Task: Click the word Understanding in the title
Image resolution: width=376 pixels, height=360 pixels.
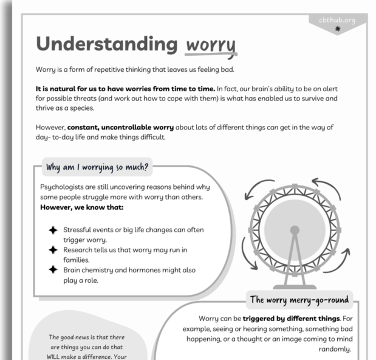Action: [x=106, y=44]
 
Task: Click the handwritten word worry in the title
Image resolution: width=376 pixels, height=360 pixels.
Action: [x=210, y=45]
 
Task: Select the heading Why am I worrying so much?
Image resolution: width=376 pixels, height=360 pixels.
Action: [x=97, y=165]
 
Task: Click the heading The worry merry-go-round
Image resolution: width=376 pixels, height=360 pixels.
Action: [x=299, y=299]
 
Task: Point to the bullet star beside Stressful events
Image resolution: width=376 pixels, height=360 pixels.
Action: [x=53, y=230]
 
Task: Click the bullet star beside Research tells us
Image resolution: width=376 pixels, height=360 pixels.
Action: [x=53, y=250]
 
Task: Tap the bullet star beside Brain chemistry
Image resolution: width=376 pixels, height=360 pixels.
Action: [x=53, y=270]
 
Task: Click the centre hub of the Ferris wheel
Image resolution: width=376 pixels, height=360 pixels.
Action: [x=295, y=230]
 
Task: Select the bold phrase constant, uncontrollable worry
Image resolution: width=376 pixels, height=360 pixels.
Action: [x=120, y=128]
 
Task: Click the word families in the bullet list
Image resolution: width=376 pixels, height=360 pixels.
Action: [x=77, y=260]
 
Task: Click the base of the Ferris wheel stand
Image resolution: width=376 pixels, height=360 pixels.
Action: [x=295, y=286]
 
